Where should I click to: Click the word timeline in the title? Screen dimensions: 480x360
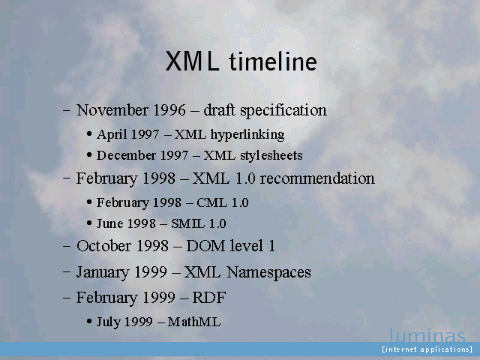(x=273, y=61)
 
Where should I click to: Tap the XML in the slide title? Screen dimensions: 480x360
(x=192, y=61)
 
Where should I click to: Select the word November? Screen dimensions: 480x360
(x=112, y=110)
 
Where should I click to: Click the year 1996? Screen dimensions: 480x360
(x=169, y=110)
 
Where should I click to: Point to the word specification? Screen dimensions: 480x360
(x=283, y=110)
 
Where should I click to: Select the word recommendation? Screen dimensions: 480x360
(x=317, y=178)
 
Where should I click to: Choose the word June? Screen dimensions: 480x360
(x=110, y=223)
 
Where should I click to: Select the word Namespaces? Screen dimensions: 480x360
(x=268, y=272)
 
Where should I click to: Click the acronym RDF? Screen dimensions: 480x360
(x=209, y=297)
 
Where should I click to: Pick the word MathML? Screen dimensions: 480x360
(x=194, y=322)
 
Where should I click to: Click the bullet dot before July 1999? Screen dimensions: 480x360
(x=89, y=322)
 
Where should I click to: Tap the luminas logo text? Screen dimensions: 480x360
(x=427, y=335)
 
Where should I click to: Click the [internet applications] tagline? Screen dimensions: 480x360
(x=427, y=349)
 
